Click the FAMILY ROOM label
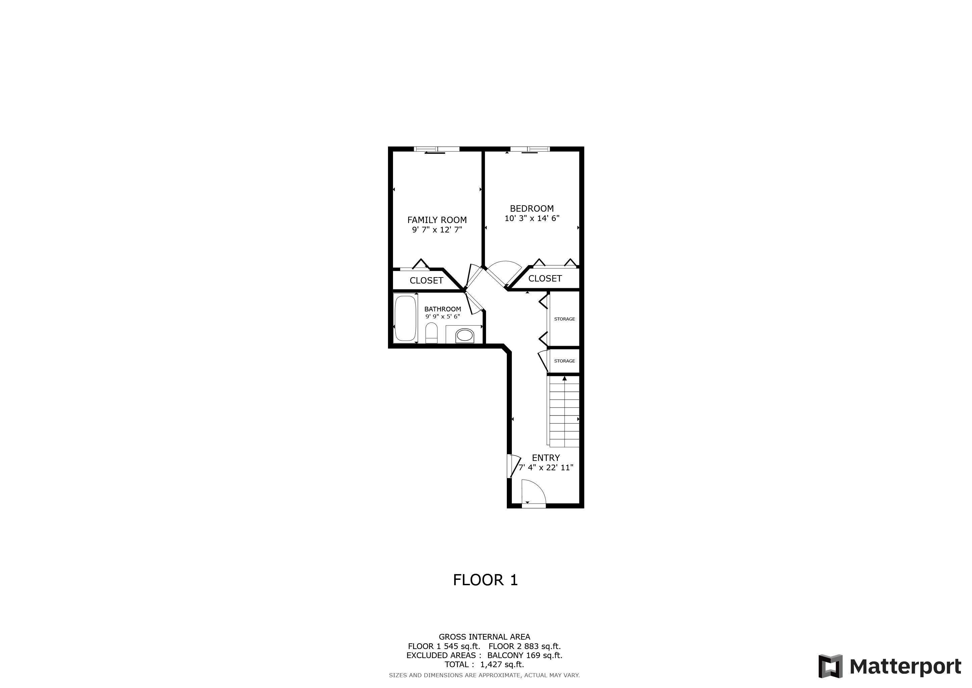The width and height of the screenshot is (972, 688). [x=437, y=220]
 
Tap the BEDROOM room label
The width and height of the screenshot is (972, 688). [x=532, y=208]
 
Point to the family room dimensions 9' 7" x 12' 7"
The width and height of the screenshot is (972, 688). [x=437, y=230]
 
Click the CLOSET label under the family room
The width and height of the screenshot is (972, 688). [x=426, y=281]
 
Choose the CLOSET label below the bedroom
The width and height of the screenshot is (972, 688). [x=545, y=278]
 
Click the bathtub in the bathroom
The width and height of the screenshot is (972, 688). [x=405, y=318]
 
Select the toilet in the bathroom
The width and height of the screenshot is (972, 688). [x=431, y=333]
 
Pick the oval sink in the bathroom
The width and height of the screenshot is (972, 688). [x=465, y=336]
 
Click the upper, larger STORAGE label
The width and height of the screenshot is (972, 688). [x=564, y=319]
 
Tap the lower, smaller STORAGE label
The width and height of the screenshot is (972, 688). [x=564, y=361]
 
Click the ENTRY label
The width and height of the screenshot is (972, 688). [x=546, y=458]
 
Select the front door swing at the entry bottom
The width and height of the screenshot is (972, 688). [x=533, y=492]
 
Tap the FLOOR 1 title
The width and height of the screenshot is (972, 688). [x=485, y=580]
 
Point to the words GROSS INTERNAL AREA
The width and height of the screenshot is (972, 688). [x=484, y=637]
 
